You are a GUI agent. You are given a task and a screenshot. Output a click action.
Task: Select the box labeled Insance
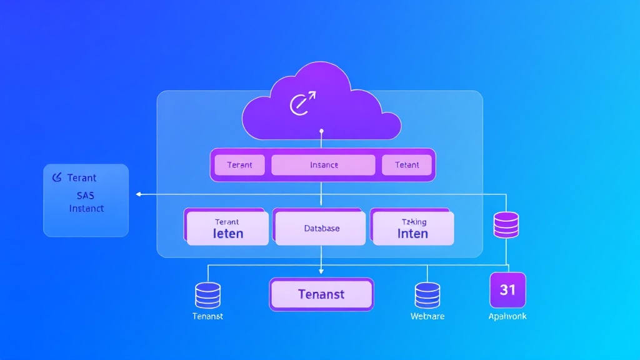coord(323,165)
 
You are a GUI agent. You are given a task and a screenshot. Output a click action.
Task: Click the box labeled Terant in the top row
coord(239,165)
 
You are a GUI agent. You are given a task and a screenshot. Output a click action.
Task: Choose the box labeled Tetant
coord(407,165)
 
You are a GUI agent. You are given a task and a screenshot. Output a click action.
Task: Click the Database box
coord(321,228)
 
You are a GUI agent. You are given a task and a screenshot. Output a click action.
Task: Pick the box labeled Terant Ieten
coord(227,228)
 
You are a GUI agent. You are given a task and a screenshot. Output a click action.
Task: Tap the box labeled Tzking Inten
coord(412,228)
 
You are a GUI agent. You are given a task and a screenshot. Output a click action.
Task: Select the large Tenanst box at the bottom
coord(321,294)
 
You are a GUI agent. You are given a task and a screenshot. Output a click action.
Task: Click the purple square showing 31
coord(507,290)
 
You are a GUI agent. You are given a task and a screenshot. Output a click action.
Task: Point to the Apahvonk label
coord(507,316)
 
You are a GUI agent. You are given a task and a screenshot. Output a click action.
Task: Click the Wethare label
coord(427,316)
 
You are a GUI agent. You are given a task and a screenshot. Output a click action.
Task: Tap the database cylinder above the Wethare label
coord(427,294)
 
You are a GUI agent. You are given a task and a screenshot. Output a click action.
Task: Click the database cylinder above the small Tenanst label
coord(207,294)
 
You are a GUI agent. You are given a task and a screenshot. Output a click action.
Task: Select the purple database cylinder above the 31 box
coord(506,225)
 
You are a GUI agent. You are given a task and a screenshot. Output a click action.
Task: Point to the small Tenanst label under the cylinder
coord(207,316)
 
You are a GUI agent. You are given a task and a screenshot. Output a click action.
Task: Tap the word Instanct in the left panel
coord(86,208)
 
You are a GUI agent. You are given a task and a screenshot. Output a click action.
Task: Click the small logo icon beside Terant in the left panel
coord(56,178)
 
